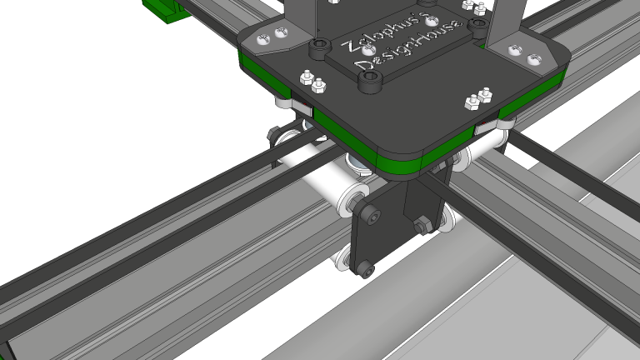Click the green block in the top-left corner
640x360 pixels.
[x=167, y=8]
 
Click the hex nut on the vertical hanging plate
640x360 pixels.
[x=421, y=225]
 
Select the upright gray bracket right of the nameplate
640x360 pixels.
[x=504, y=21]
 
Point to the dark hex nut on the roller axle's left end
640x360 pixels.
[x=273, y=133]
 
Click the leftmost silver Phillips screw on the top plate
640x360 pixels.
[x=264, y=37]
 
